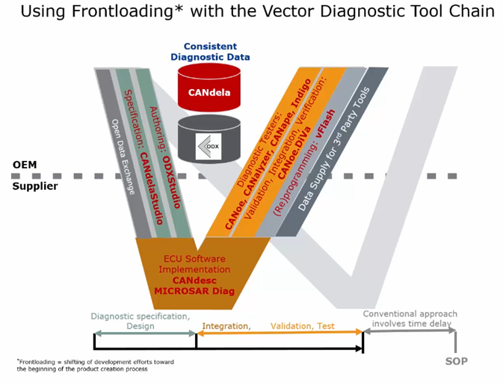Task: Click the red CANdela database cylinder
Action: pyautogui.click(x=209, y=89)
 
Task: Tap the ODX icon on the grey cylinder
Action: pyautogui.click(x=209, y=145)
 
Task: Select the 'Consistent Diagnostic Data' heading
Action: pyautogui.click(x=210, y=51)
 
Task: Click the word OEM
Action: pyautogui.click(x=24, y=165)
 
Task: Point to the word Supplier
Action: pyautogui.click(x=34, y=186)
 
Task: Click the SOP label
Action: pyautogui.click(x=456, y=361)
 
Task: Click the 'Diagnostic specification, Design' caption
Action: pyautogui.click(x=141, y=320)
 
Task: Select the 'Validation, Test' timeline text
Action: pyautogui.click(x=303, y=326)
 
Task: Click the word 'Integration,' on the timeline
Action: pyautogui.click(x=226, y=326)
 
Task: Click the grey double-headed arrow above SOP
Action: pyautogui.click(x=409, y=331)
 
